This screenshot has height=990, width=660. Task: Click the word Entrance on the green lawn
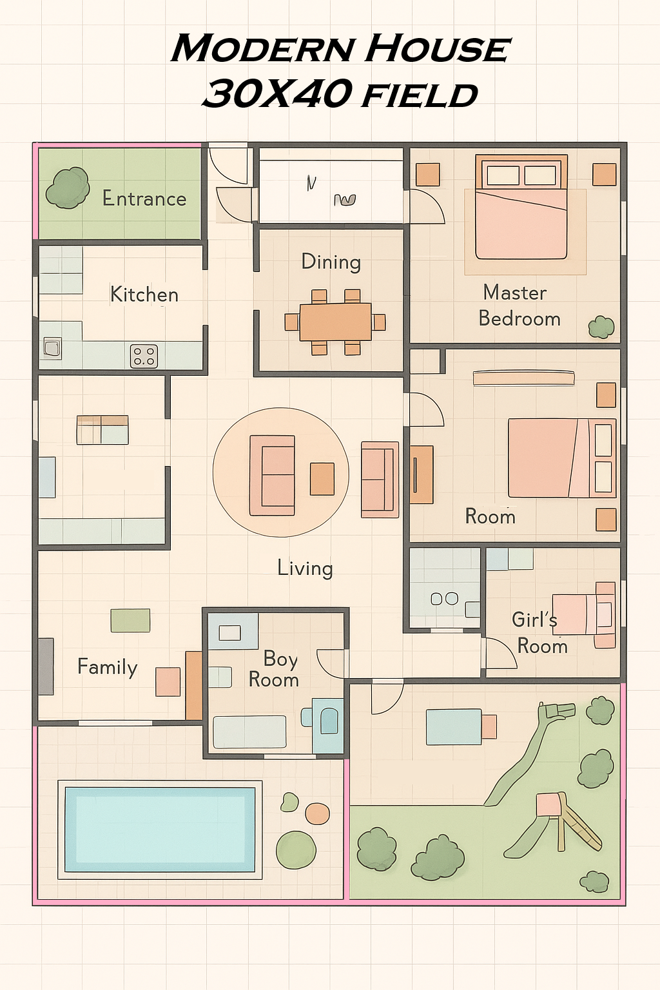(144, 199)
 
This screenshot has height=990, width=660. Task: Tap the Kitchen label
(144, 295)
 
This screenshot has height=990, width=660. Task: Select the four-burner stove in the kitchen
(144, 356)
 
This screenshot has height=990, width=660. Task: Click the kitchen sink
(52, 348)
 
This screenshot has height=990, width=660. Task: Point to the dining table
(335, 322)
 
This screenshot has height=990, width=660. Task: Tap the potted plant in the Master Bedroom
(601, 327)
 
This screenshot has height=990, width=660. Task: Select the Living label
(305, 568)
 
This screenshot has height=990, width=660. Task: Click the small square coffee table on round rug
(322, 479)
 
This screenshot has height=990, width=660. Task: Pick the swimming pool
(160, 829)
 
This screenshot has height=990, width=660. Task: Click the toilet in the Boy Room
(328, 720)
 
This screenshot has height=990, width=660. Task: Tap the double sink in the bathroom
(444, 599)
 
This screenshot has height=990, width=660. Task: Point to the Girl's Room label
(539, 632)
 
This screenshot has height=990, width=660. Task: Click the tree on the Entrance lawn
(68, 188)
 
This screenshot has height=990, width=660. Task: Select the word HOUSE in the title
(438, 49)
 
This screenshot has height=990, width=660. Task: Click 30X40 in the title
(278, 94)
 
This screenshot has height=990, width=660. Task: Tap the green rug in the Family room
(130, 620)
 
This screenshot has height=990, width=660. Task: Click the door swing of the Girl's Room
(500, 654)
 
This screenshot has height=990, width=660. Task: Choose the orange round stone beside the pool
(317, 813)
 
